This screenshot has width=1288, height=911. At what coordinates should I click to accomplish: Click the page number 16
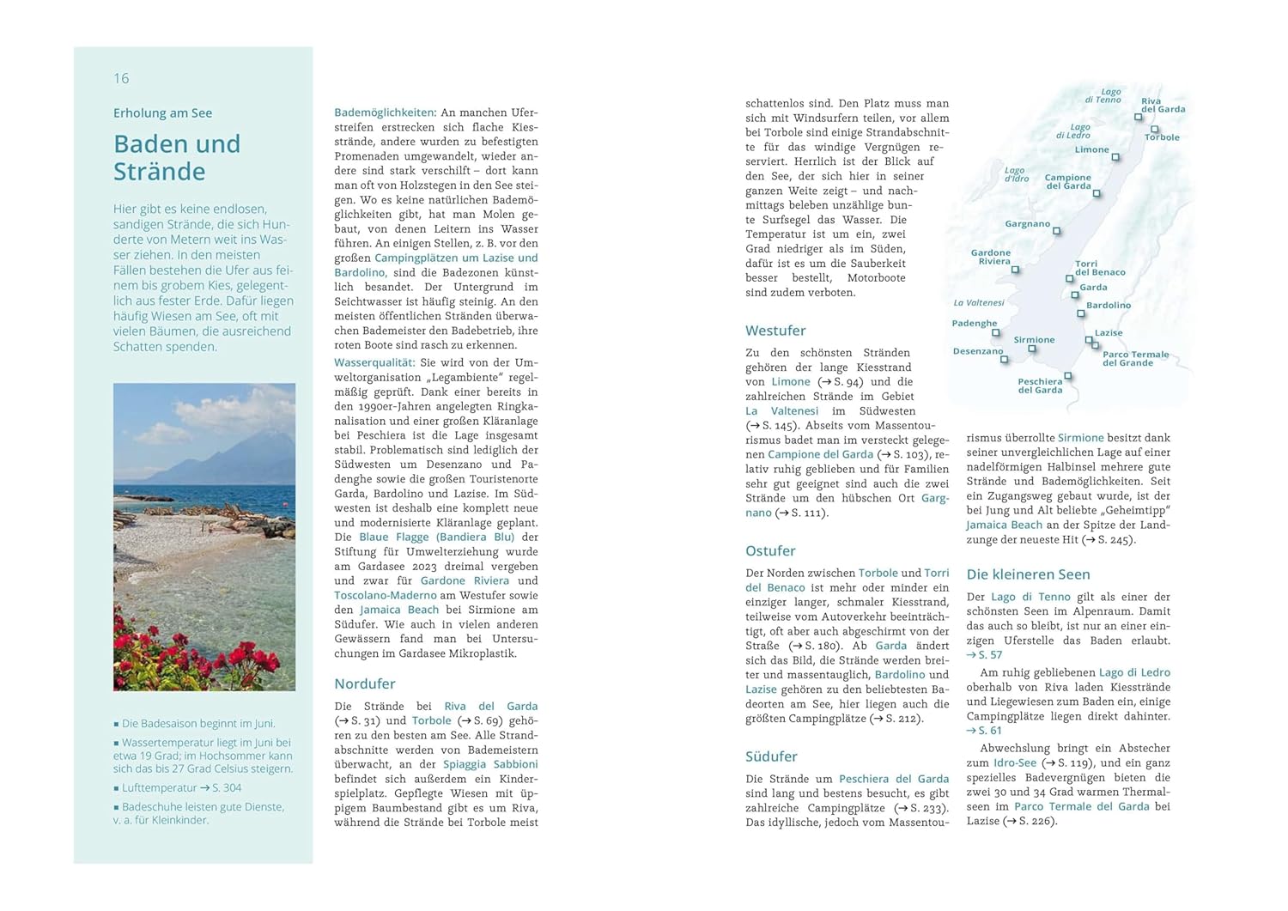pos(121,78)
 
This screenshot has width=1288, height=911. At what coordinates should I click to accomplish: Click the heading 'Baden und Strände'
pos(177,157)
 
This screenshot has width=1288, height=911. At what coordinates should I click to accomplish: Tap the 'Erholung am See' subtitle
pos(162,112)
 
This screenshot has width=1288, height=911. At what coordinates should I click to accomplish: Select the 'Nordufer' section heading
pos(364,683)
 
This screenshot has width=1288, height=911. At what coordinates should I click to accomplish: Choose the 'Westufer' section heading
pos(775,331)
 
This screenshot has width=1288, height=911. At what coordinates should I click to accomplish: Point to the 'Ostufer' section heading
pos(770,550)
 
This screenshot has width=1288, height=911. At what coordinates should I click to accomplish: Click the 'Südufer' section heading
pos(771,756)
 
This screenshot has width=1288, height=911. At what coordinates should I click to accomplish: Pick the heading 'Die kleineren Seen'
pos(1028,574)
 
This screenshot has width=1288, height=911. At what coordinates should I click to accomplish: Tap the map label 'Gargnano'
pos(1027,224)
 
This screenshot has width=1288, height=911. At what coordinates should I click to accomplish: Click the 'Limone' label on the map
pos(1091,149)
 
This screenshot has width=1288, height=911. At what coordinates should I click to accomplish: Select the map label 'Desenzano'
pos(977,351)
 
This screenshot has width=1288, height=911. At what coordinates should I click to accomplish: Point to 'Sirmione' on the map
pos(1034,340)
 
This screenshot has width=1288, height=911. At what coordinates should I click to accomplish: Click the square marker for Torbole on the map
pos(1154,130)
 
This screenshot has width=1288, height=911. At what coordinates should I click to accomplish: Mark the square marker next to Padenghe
pos(996,332)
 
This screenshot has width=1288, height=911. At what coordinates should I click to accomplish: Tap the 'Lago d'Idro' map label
pos(1016,174)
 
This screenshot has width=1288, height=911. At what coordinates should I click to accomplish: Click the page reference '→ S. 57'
pos(984,654)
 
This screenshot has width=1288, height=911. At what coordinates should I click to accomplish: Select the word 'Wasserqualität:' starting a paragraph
pos(374,362)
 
